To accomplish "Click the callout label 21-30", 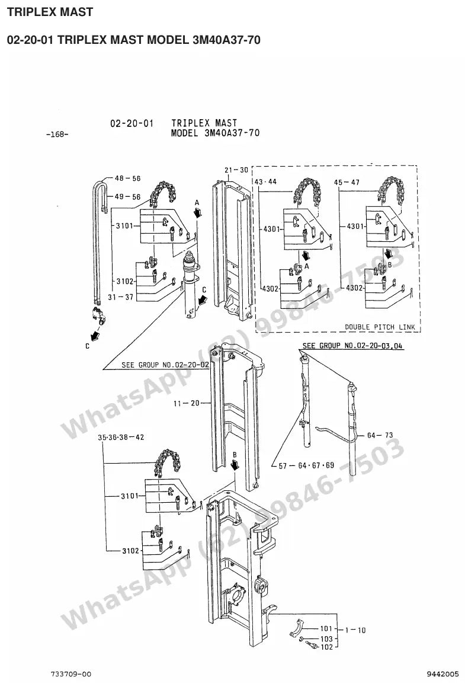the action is [236, 170].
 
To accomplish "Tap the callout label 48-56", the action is [127, 178].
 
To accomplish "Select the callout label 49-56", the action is [127, 197].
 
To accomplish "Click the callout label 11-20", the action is [187, 403].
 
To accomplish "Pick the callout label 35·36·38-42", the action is [121, 438].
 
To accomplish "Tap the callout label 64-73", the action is [380, 435].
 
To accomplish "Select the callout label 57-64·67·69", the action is [306, 465].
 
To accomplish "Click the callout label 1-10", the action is [355, 630].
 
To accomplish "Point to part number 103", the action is [326, 639].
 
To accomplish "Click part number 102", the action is [326, 647].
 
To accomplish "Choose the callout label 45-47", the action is [347, 183].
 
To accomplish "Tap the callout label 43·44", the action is [265, 181].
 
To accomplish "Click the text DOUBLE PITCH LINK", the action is [380, 327].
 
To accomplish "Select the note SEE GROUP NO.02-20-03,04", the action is [352, 346].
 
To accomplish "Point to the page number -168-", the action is [57, 134].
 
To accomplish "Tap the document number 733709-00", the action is [71, 674].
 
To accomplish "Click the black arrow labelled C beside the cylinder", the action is [201, 300].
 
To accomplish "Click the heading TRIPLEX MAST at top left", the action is [50, 12].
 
